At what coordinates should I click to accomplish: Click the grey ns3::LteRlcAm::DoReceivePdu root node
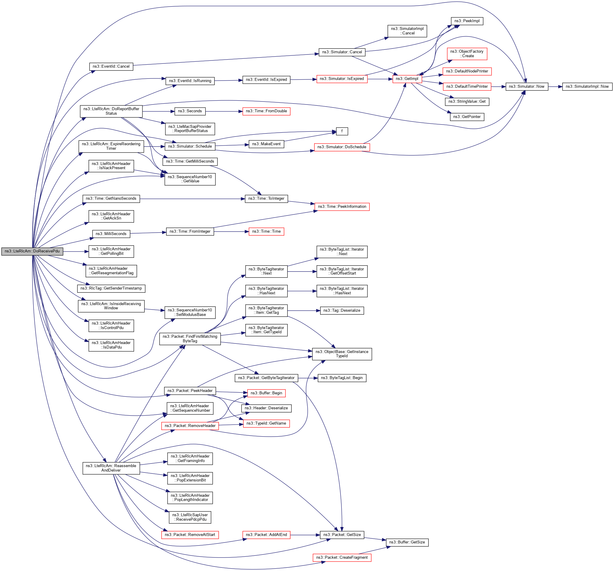tap(32, 252)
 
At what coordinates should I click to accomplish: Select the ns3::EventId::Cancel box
tap(111, 67)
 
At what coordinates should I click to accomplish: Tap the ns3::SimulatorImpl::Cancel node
tap(407, 31)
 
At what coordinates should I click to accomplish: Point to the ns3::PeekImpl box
tap(466, 21)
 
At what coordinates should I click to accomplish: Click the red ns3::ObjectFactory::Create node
tap(466, 54)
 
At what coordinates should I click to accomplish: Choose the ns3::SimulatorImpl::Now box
tap(587, 87)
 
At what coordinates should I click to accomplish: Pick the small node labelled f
tap(342, 132)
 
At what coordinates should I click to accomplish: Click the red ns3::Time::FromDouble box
tap(266, 111)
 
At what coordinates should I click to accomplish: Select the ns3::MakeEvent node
tap(266, 144)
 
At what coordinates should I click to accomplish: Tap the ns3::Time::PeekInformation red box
tap(342, 207)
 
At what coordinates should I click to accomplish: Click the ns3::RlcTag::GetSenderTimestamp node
tap(111, 289)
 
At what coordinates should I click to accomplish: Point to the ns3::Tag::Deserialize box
tap(342, 311)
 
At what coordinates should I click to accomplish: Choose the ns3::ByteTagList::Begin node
tap(342, 378)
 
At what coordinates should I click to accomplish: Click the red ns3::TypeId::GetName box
tap(266, 424)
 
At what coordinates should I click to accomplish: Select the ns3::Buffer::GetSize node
tap(407, 543)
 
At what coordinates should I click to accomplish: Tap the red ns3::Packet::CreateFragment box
tap(342, 558)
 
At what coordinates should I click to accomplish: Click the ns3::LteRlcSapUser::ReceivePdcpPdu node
tap(190, 517)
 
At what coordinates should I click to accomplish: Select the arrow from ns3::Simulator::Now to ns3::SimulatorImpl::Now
tap(555, 87)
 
